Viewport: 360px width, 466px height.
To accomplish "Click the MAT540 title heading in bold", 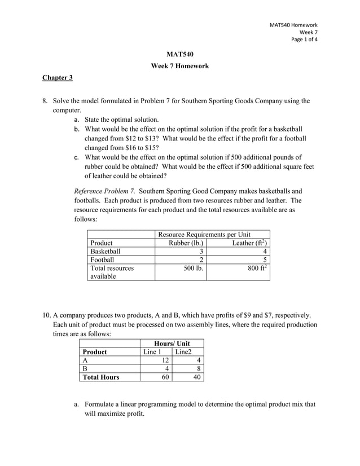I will pos(180,55).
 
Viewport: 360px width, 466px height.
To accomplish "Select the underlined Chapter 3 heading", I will pos(58,77).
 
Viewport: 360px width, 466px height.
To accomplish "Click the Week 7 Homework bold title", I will pos(180,66).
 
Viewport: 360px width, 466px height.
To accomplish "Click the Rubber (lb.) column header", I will pos(186,243).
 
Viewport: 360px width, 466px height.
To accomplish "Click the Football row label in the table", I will pos(102,260).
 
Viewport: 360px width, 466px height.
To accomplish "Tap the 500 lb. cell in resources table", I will pos(192,269).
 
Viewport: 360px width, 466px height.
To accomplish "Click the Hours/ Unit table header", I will pos(172,344).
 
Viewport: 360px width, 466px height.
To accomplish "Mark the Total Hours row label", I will pos(101,377).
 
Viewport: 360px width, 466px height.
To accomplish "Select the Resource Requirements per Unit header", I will pos(204,234).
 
